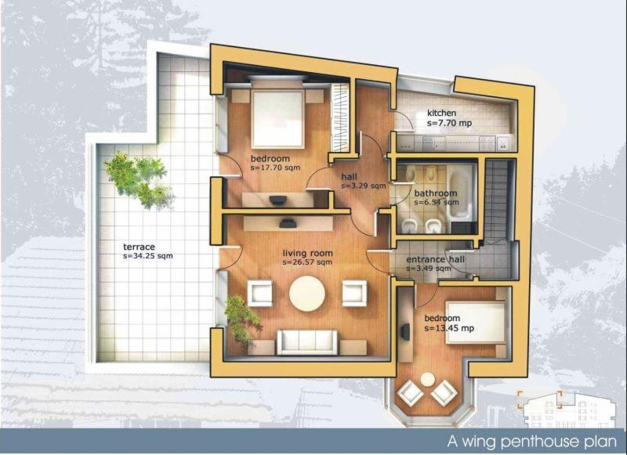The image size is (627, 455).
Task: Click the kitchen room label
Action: (441, 113)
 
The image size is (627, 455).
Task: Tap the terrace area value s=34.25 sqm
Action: (148, 255)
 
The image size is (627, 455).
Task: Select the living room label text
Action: (307, 253)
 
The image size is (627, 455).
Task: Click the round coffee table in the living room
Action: (307, 293)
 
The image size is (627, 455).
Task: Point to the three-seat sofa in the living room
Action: (307, 342)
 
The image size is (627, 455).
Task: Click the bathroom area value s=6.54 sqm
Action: (437, 203)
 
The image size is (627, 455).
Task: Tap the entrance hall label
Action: (436, 260)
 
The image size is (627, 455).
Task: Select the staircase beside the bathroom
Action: (496, 200)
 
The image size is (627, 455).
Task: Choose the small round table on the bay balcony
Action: (427, 379)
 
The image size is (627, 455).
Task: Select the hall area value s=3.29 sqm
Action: (364, 186)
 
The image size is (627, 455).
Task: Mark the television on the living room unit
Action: (288, 223)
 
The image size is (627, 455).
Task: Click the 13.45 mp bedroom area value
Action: (449, 328)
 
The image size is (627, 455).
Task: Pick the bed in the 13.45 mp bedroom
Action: (476, 322)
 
